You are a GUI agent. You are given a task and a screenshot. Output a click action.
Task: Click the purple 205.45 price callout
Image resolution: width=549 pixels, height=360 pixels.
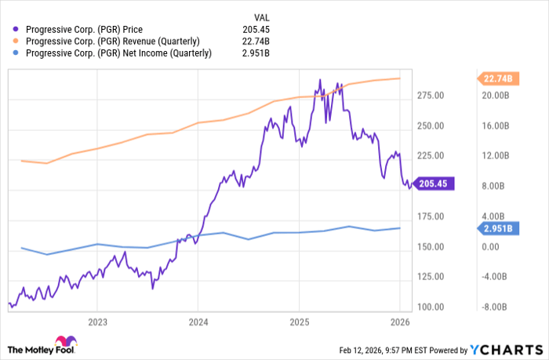click(x=432, y=184)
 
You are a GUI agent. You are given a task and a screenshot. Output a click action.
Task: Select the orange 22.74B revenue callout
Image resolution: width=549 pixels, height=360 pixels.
click(x=497, y=78)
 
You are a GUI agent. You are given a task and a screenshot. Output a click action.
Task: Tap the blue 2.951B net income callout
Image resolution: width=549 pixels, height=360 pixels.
click(x=497, y=228)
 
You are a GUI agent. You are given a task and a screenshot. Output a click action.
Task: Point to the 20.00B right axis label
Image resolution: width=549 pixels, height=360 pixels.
click(x=496, y=96)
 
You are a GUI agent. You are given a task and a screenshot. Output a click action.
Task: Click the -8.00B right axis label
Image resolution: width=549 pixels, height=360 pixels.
click(x=496, y=307)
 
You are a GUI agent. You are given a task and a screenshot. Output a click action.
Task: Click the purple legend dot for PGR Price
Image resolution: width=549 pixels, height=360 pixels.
click(x=16, y=29)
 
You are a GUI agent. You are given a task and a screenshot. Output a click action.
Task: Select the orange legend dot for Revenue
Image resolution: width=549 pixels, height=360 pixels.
click(x=16, y=41)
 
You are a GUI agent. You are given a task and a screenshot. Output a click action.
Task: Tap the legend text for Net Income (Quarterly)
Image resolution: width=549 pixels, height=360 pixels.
click(x=118, y=53)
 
